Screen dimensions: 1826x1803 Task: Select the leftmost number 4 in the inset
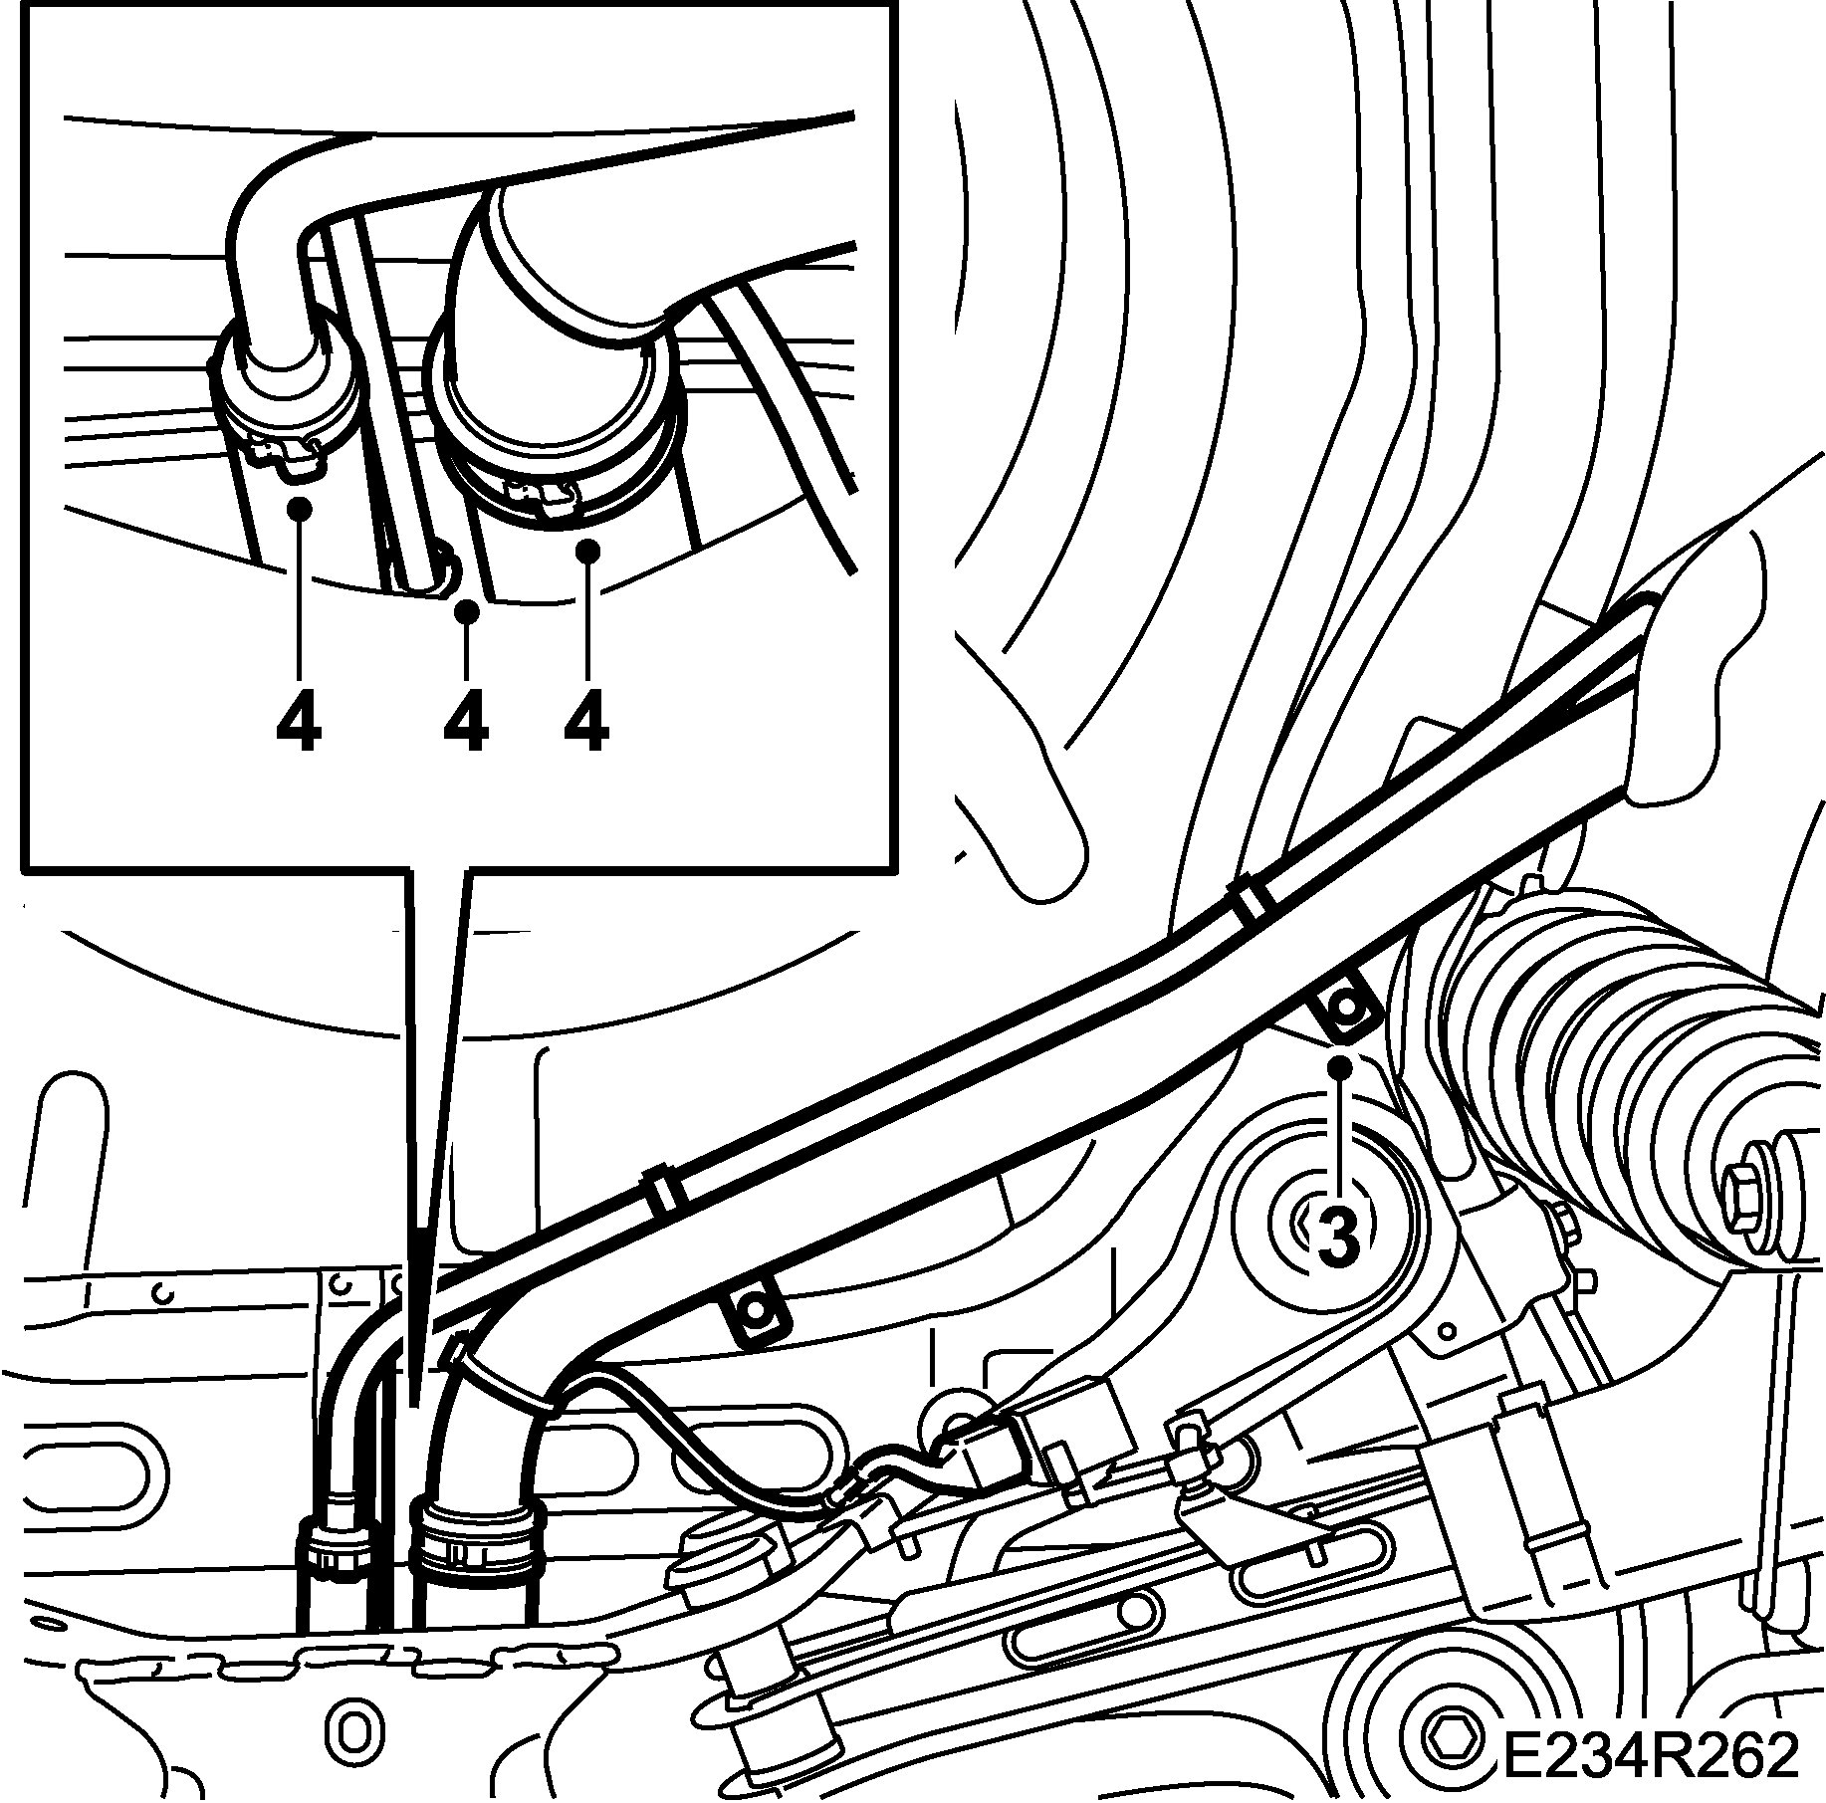coord(299,721)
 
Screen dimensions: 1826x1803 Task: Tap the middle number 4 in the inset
coord(466,721)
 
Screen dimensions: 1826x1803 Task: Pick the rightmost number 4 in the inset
coord(586,721)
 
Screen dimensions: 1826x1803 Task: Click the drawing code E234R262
coord(1649,1755)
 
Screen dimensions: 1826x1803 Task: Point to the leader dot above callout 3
coord(1340,1066)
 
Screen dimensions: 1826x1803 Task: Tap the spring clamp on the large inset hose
coord(543,495)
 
